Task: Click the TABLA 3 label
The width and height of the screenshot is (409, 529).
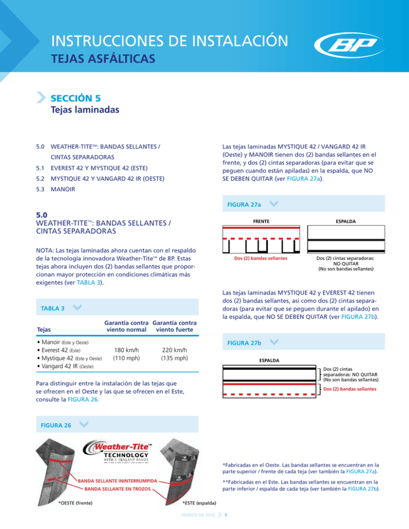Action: (52, 308)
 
